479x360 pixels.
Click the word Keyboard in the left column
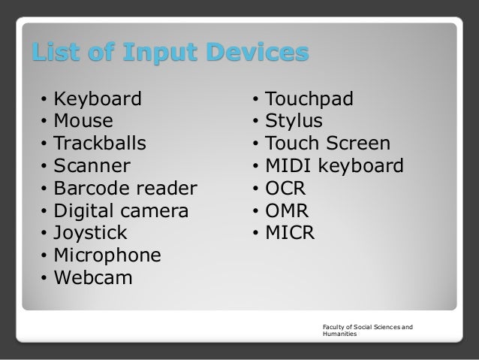tap(98, 98)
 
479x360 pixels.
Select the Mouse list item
tap(85, 121)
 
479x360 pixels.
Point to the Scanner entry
tap(93, 165)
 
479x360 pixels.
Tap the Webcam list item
tap(94, 278)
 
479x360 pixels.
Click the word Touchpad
tap(310, 98)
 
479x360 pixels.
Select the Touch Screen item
tap(328, 144)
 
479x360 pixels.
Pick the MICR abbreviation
tap(291, 233)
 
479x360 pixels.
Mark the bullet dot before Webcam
tap(45, 279)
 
